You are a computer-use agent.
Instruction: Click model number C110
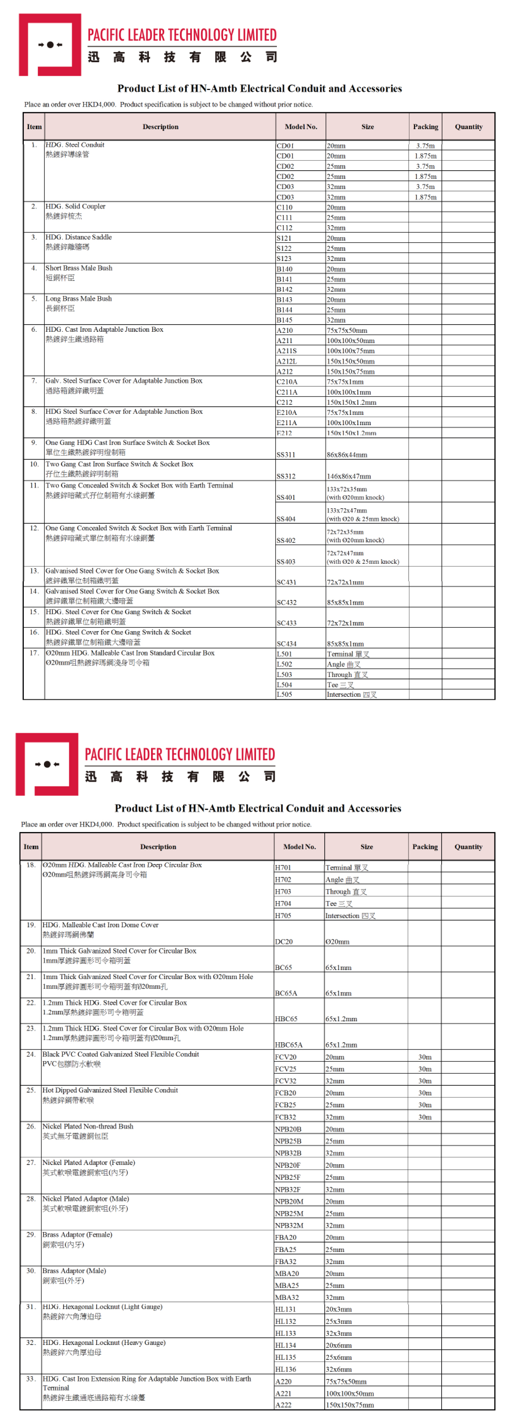(x=285, y=207)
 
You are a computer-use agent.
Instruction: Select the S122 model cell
(x=284, y=249)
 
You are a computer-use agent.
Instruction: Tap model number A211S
(x=287, y=351)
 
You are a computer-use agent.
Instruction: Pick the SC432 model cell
(x=286, y=603)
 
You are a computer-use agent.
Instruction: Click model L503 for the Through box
(x=285, y=675)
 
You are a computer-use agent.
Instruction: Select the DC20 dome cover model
(x=284, y=942)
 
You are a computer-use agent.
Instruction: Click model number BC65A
(x=286, y=993)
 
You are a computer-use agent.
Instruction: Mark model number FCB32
(x=286, y=1117)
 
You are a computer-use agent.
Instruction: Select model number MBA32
(x=287, y=1297)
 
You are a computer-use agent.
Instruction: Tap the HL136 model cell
(x=286, y=1369)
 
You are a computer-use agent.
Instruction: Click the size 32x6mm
(x=339, y=1369)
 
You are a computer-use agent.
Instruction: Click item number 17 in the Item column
(x=34, y=653)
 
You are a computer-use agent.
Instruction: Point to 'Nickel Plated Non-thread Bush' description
(x=88, y=1126)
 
